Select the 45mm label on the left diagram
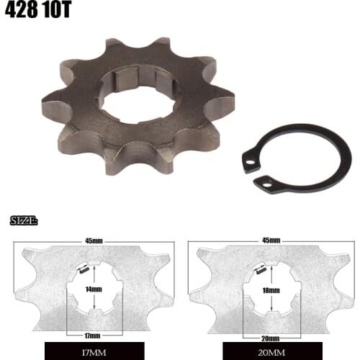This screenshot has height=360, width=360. pos(91,240)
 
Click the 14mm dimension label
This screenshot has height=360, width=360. pos(91,289)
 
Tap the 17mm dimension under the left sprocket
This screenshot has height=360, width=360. pos(91,336)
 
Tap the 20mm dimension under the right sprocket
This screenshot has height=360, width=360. pos(269,336)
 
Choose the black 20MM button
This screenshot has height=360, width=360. pos(269,352)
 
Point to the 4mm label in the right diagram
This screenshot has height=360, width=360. pos(261,271)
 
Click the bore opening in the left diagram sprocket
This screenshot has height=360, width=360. pos(91,295)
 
